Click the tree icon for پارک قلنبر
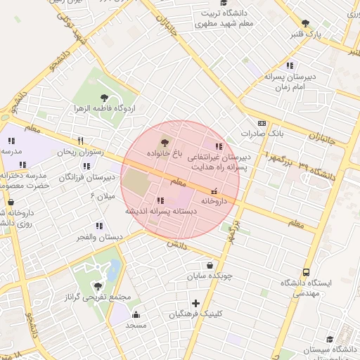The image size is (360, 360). point(304,23)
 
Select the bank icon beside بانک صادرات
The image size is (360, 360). point(262,122)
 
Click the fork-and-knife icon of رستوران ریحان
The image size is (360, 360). point(80,141)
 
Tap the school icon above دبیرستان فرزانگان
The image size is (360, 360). point(86,166)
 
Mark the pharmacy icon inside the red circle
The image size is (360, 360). point(214,191)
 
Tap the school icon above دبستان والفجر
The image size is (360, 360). point(99,226)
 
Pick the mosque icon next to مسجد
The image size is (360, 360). point(136,314)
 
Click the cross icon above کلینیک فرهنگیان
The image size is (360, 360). point(196,303)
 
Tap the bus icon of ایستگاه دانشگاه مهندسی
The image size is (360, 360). point(305,272)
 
